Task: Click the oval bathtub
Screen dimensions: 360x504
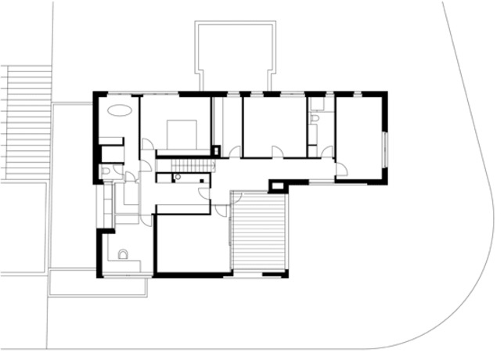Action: (x=120, y=110)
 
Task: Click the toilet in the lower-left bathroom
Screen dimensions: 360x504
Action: (x=123, y=254)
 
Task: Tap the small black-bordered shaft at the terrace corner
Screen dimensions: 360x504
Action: (x=278, y=186)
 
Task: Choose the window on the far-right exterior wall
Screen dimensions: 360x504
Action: (x=384, y=149)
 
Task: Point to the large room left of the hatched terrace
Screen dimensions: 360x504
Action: (x=192, y=243)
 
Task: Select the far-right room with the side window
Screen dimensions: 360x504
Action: (x=359, y=137)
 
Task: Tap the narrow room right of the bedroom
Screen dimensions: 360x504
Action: (x=227, y=125)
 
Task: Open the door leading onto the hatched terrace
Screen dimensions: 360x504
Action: (x=223, y=210)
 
